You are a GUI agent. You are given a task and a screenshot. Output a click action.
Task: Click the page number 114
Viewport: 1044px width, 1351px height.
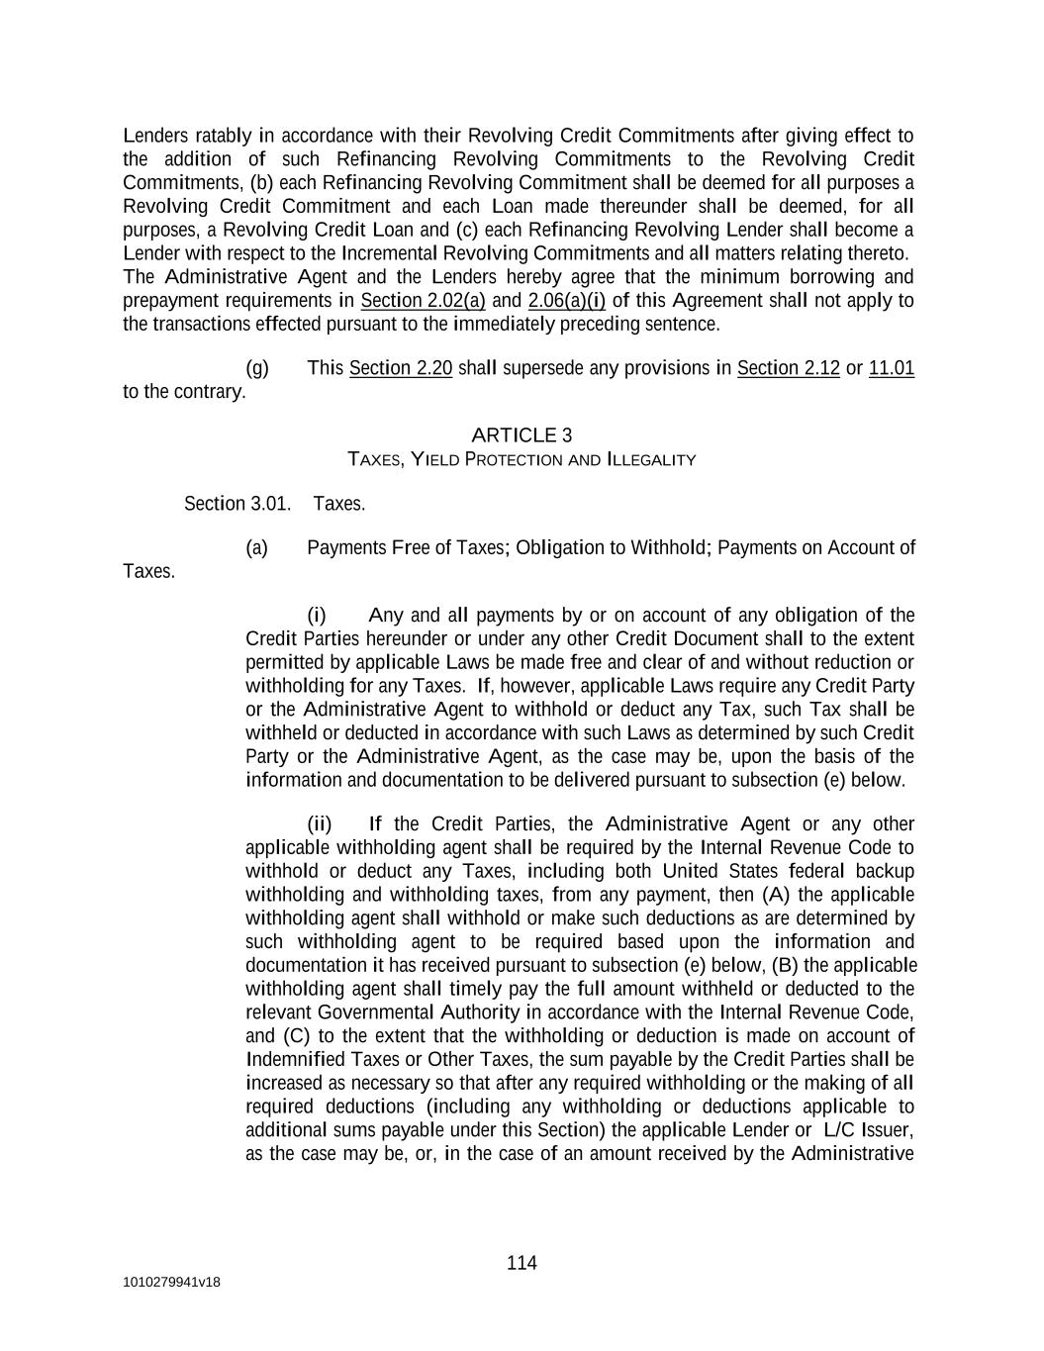pos(522,1263)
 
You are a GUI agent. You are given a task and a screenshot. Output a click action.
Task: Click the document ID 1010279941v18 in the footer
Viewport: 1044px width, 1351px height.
pos(171,1283)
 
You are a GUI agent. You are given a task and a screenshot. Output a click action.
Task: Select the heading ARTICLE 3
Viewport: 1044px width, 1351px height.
pos(522,435)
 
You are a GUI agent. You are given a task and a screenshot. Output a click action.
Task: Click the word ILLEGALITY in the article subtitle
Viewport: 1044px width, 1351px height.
pos(651,460)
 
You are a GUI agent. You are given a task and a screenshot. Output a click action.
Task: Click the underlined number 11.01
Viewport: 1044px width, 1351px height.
pos(891,368)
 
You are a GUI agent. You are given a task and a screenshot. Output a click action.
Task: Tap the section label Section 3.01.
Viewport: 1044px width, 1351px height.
pos(237,504)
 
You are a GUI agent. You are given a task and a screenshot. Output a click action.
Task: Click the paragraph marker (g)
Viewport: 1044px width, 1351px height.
pos(257,368)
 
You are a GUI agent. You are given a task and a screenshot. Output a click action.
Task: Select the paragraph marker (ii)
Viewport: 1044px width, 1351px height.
pos(320,824)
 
